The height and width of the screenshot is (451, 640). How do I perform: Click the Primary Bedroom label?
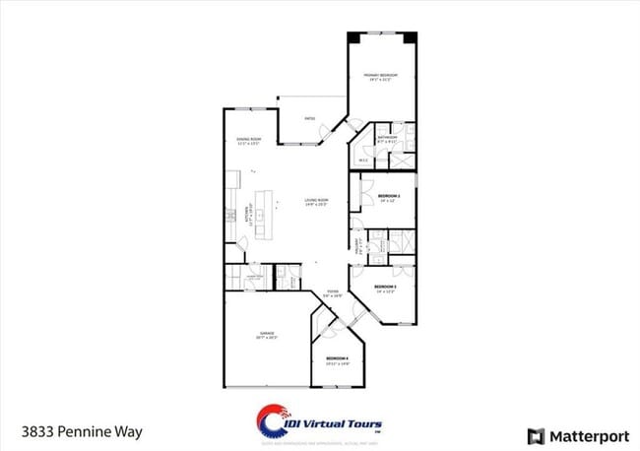coord(379,76)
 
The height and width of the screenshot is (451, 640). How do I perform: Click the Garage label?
coord(268,333)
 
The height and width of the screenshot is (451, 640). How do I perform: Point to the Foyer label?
coord(334,292)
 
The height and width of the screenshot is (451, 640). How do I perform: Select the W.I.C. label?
coord(362,160)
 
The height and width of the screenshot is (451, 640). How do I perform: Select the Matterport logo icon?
coord(536,434)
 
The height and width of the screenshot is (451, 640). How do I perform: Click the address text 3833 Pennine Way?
coord(73,431)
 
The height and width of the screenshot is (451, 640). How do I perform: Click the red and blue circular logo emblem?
coord(274,421)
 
